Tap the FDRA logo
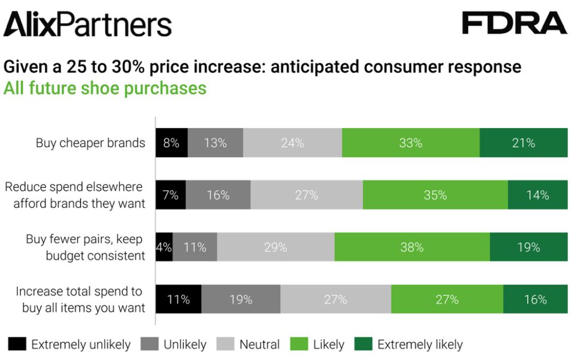pos(514,23)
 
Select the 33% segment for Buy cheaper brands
pos(411,143)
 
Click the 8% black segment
pos(171,143)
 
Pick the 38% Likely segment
pos(412,247)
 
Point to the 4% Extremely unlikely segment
pos(164,247)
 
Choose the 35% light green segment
pos(435,195)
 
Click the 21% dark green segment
pos(523,143)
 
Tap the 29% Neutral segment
pos(275,247)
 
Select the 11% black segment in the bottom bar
pos(178,299)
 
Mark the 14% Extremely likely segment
pos(537,195)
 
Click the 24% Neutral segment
pos(292,143)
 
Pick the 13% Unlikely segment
pos(215,143)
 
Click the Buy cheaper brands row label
pos(90,143)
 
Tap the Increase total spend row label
pos(80,299)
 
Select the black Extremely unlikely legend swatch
pos(17,344)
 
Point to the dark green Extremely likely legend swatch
pos(363,344)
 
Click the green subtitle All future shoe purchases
pos(105,89)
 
